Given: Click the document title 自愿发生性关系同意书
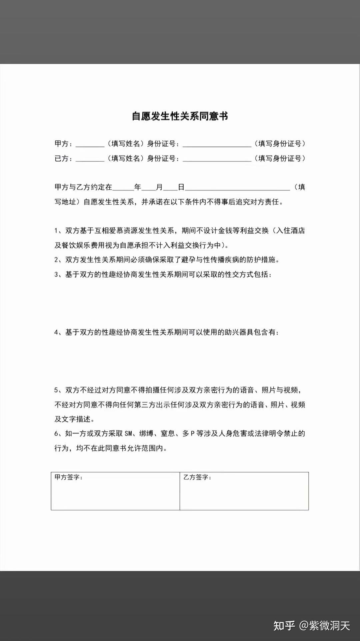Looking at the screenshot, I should point(180,116).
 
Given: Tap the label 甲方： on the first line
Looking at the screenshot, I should point(63,144).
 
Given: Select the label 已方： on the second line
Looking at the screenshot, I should point(63,158).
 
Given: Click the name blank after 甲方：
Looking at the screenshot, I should point(90,144).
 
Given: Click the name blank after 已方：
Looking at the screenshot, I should point(90,159).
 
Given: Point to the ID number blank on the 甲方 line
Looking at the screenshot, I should point(217,144).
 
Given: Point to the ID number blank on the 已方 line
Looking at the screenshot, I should point(217,159).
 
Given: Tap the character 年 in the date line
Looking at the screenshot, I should point(138,187).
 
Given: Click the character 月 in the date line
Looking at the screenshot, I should point(159,187).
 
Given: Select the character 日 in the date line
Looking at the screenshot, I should point(181,187).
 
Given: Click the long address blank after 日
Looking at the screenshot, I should point(237,187).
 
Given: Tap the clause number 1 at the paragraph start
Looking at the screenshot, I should point(56,231).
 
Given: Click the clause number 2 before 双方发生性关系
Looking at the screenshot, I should point(56,260).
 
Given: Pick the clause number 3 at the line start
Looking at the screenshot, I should point(56,274).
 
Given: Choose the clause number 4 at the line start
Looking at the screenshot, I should point(56,332).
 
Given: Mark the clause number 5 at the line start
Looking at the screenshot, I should point(56,390).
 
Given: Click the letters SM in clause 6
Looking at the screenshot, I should point(129,433).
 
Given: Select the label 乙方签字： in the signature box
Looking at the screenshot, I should point(197,477).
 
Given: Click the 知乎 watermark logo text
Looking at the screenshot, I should point(284,626).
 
